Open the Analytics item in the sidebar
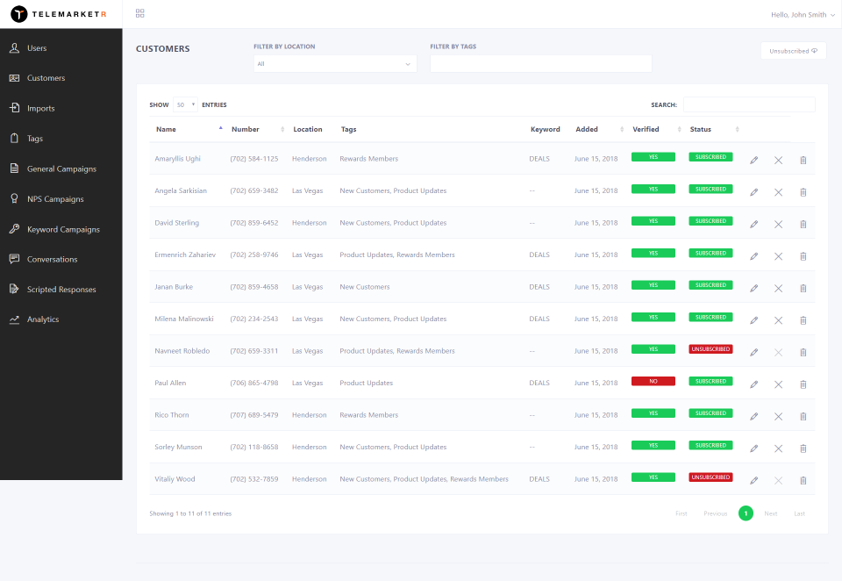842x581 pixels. pyautogui.click(x=43, y=319)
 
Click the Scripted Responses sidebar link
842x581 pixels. pyautogui.click(x=61, y=289)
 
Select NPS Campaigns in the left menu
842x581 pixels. pyautogui.click(x=55, y=199)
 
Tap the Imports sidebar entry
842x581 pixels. pyautogui.click(x=41, y=108)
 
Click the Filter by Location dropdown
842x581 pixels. pyautogui.click(x=335, y=64)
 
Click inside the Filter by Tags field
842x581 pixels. pyautogui.click(x=541, y=63)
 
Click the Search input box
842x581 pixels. pyautogui.click(x=749, y=104)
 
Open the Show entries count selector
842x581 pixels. pyautogui.click(x=185, y=104)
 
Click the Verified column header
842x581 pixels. pyautogui.click(x=646, y=130)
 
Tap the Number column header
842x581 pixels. pyautogui.click(x=245, y=130)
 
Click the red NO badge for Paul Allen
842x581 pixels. pyautogui.click(x=653, y=381)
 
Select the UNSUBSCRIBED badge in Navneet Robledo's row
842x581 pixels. pyautogui.click(x=710, y=349)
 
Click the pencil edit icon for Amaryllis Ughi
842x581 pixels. pyautogui.click(x=754, y=160)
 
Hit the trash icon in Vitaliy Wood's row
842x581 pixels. pyautogui.click(x=803, y=480)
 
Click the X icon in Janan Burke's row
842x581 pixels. pyautogui.click(x=778, y=289)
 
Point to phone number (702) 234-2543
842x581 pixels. pyautogui.click(x=254, y=319)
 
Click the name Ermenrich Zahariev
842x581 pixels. pyautogui.click(x=185, y=255)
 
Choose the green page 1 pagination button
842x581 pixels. pyautogui.click(x=746, y=513)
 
